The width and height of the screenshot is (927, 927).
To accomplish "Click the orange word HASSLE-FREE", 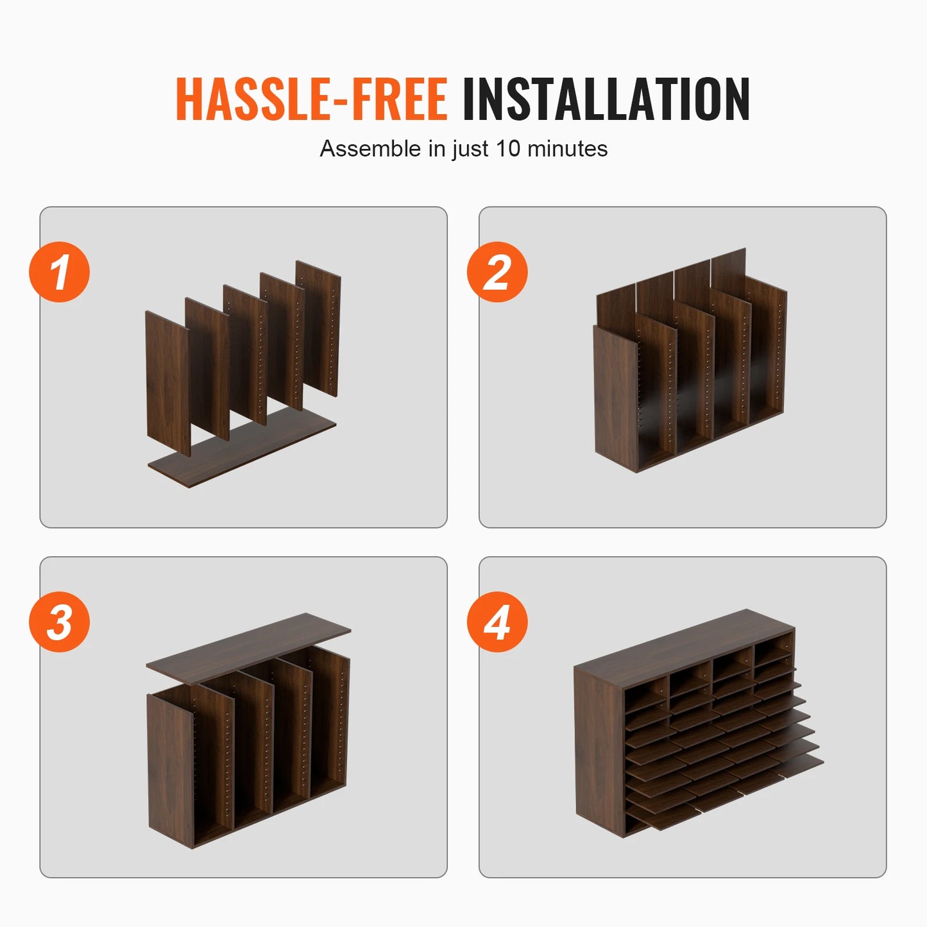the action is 312,99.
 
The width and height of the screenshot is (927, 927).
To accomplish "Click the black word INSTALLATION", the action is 606,99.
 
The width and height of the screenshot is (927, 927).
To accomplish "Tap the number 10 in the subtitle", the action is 508,148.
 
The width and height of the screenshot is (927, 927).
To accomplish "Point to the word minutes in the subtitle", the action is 567,148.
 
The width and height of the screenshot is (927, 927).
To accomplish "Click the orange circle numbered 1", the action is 59,272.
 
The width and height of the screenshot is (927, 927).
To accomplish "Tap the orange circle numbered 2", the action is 497,272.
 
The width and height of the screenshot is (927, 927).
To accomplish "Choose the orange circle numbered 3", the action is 59,622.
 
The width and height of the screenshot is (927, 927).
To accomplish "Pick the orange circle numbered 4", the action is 497,622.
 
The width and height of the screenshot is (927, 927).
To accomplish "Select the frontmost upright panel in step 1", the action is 168,384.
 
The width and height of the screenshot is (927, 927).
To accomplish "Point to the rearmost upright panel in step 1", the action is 318,328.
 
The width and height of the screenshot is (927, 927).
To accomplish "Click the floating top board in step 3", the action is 248,649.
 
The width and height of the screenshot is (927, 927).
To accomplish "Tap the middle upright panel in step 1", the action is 245,355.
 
